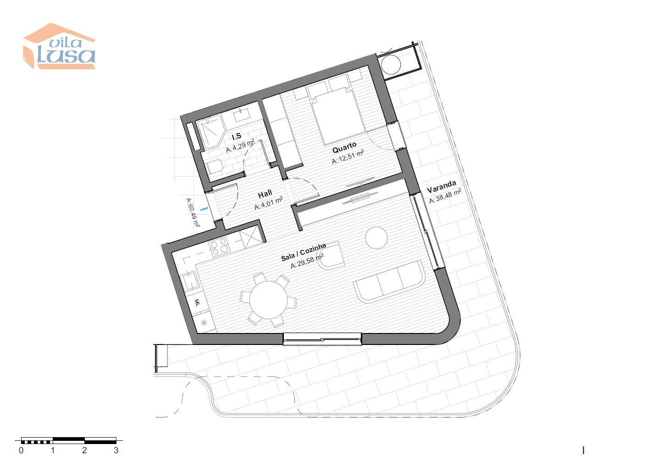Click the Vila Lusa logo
(59, 46)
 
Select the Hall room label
(265, 194)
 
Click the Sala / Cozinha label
(303, 252)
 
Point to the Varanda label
(441, 186)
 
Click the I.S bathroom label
(237, 137)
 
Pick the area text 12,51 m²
(348, 157)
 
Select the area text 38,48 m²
(445, 196)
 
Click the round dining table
(268, 300)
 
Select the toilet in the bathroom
(215, 167)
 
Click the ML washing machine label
(197, 302)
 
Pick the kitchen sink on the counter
(189, 281)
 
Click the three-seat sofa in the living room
(389, 282)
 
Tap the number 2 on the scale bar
(84, 450)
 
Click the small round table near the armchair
(377, 238)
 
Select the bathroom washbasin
(242, 114)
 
